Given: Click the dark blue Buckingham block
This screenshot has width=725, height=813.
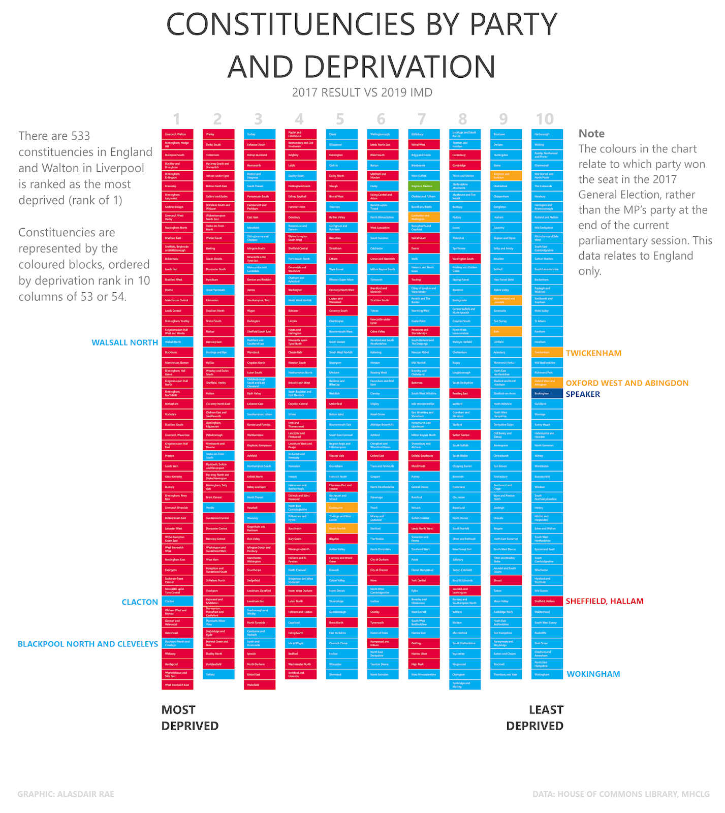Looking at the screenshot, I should coord(547,393).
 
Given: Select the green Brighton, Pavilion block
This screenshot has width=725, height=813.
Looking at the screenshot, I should coord(424,186).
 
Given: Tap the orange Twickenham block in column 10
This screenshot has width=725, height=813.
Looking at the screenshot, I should coord(547,352).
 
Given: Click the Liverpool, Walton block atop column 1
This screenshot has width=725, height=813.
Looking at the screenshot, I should coord(177,134).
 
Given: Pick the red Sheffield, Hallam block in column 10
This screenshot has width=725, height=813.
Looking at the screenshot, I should coord(547,601).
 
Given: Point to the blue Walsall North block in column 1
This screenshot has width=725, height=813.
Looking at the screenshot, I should coord(177,342).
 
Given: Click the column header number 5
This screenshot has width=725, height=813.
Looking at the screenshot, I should coord(340,119).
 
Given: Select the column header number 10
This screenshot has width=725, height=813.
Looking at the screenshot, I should coord(545,119).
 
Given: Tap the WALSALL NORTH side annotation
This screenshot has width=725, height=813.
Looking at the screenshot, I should coord(124,342).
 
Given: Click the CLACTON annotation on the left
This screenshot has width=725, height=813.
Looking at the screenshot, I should coord(140,602).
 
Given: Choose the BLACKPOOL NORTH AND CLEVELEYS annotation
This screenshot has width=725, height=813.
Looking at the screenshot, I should coord(88,644).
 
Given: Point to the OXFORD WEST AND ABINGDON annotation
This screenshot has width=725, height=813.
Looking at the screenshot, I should coord(627,383).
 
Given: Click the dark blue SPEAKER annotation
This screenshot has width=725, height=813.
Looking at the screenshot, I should coord(583,394).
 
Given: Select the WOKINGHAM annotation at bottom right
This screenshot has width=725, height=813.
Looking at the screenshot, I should coord(593,674).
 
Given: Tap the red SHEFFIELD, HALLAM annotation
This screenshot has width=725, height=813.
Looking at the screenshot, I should coord(604,601).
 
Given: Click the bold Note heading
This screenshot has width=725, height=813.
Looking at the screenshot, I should coord(591,134).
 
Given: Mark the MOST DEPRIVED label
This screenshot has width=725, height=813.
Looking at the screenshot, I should coord(190,717).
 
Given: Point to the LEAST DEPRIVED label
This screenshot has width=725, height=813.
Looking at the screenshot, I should coord(535,717).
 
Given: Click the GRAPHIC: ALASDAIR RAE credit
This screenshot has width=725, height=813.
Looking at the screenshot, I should coord(66,794).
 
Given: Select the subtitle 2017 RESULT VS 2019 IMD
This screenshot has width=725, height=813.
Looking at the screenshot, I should coord(362,92).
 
